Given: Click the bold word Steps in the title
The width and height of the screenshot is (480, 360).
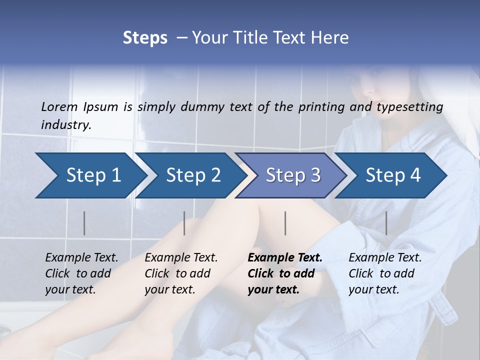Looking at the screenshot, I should [x=145, y=37].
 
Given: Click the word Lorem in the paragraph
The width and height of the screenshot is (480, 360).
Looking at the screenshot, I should [x=59, y=106].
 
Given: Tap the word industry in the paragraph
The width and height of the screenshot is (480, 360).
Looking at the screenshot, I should [x=65, y=124].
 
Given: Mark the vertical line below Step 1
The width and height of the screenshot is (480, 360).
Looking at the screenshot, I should [x=84, y=223].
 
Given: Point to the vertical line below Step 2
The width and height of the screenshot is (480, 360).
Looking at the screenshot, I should [x=184, y=223].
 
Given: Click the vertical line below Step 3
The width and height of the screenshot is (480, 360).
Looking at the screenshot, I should [x=285, y=223].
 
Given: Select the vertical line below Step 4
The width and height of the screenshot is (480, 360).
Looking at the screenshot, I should [x=386, y=223].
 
